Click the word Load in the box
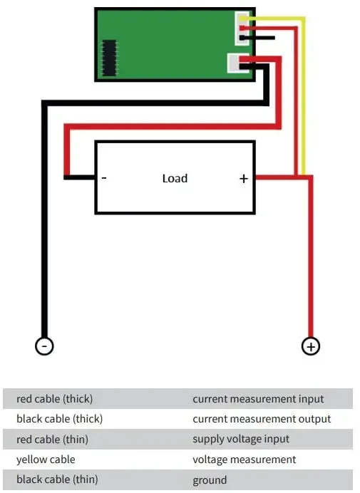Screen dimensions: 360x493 click(x=175, y=178)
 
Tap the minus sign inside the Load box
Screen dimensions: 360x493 click(x=104, y=178)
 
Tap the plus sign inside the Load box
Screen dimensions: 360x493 click(x=244, y=179)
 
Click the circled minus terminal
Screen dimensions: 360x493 click(x=44, y=346)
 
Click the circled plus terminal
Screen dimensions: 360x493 click(x=311, y=346)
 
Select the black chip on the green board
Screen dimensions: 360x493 click(x=110, y=58)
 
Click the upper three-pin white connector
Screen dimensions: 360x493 click(x=242, y=28)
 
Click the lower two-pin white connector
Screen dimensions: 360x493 click(x=235, y=63)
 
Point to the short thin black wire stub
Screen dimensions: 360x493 click(x=257, y=38)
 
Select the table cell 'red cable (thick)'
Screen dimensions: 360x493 click(x=54, y=399)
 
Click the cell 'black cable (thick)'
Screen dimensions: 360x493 click(x=59, y=419)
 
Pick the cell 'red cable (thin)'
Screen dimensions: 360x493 click(x=52, y=439)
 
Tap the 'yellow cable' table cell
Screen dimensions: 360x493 click(x=46, y=460)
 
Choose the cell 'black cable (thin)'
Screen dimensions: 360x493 click(x=57, y=479)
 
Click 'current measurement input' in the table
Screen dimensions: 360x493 click(x=258, y=399)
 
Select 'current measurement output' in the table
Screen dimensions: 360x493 click(x=262, y=419)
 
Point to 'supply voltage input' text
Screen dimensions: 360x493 click(x=241, y=439)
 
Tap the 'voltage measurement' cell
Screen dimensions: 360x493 click(x=245, y=460)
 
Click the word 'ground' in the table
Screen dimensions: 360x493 click(x=210, y=480)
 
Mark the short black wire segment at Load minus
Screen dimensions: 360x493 click(x=79, y=177)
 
